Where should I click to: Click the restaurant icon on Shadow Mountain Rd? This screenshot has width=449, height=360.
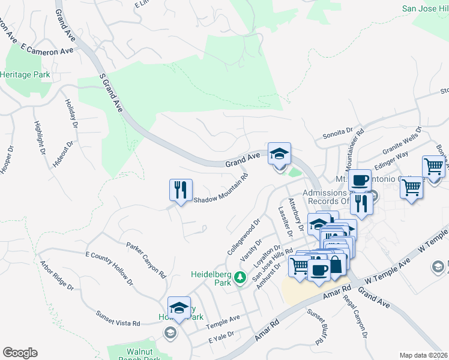181,189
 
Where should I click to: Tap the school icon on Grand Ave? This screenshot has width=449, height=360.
279,153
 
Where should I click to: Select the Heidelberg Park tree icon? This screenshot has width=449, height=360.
240,277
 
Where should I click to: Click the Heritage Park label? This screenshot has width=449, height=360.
25,75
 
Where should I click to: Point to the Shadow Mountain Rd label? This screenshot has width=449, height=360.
220,188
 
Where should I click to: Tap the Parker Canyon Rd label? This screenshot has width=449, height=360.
146,259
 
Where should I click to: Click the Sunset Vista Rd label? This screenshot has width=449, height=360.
118,319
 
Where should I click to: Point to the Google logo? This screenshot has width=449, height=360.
20,353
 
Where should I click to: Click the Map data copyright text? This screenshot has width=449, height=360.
424,355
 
